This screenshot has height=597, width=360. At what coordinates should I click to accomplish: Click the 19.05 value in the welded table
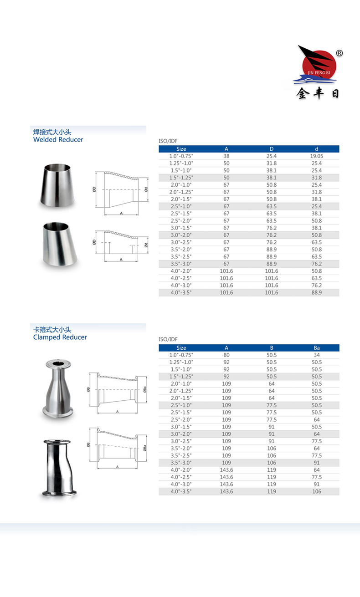tap(317, 156)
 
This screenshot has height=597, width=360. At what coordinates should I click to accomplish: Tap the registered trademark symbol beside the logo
tap(339, 53)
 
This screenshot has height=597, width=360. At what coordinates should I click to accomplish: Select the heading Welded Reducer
tap(58, 140)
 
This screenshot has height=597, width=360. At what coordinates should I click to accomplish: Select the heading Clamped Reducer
tap(60, 337)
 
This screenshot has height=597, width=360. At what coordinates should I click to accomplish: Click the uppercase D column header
tap(272, 149)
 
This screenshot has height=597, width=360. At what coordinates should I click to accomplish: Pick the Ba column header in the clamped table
tap(317, 348)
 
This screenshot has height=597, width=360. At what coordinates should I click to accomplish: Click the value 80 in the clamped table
tap(226, 355)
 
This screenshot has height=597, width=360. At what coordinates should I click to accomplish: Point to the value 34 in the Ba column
tap(317, 355)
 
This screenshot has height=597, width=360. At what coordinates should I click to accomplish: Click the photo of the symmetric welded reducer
tap(59, 184)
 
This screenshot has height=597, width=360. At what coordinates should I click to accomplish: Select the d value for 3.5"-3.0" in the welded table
tap(317, 264)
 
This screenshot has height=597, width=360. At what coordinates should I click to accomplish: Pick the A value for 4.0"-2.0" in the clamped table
tap(226, 470)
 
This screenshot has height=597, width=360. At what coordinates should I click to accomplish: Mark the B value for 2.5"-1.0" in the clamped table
tap(272, 405)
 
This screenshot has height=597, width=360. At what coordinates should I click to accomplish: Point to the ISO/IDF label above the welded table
tap(167, 142)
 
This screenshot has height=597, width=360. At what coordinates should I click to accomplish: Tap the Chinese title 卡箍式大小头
tap(52, 329)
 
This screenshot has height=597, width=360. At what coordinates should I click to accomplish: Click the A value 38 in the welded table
tap(226, 156)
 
